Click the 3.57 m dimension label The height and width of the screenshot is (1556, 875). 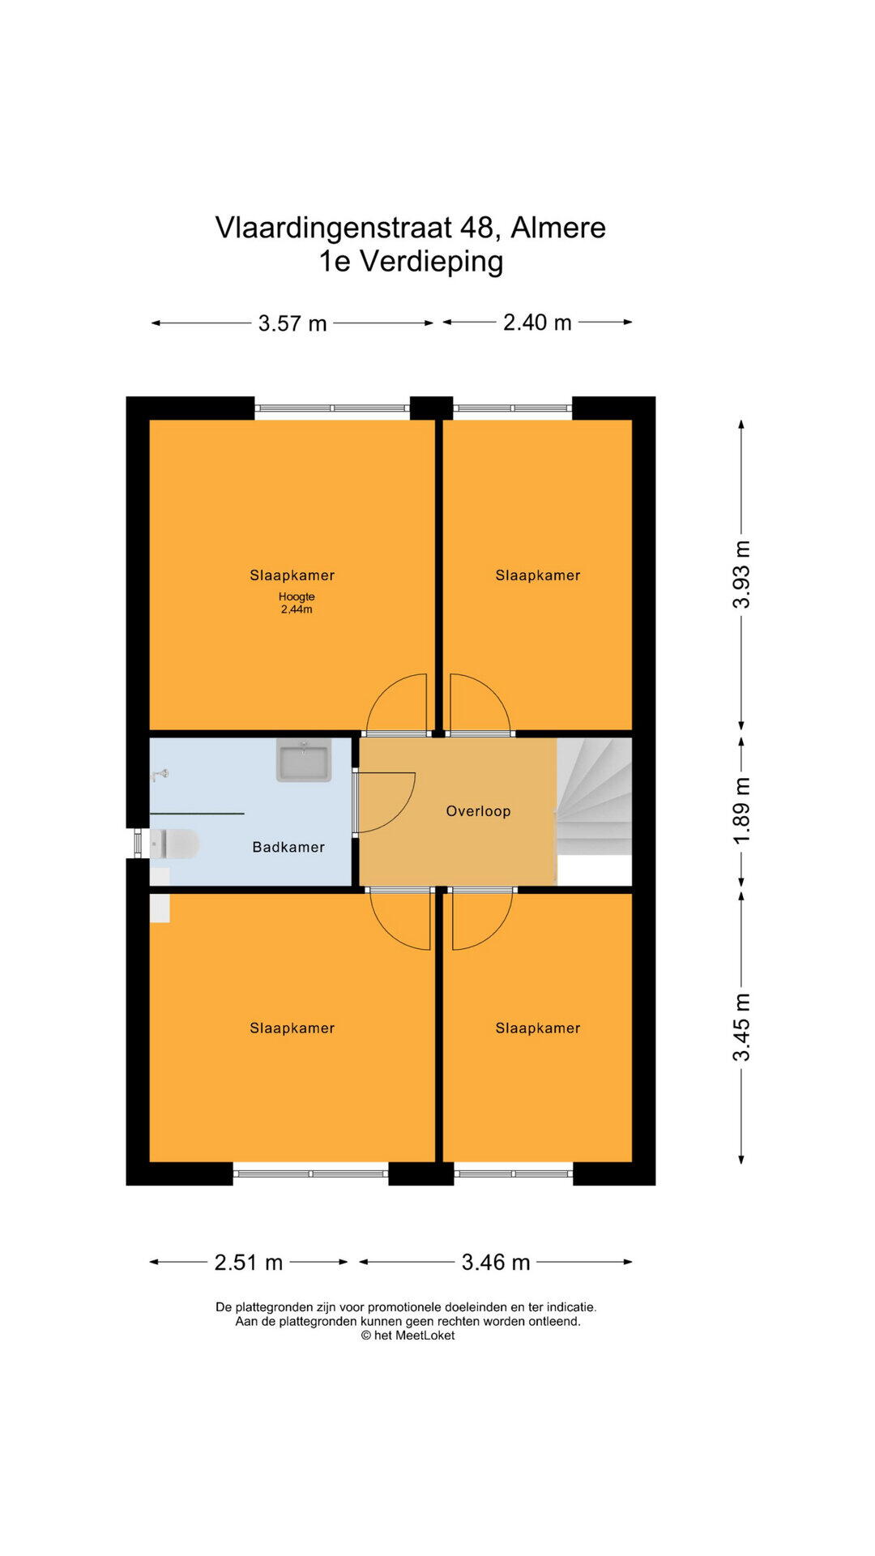(292, 323)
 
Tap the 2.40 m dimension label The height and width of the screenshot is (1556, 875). (537, 323)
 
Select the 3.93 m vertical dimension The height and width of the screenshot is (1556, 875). (741, 574)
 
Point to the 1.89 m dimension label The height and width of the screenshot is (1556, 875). (741, 810)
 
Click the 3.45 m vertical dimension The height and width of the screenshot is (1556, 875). (741, 1028)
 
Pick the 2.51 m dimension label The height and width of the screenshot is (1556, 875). (249, 1262)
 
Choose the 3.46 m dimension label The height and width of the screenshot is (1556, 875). (496, 1262)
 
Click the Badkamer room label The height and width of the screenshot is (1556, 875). (288, 847)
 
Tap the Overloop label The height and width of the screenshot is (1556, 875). (478, 811)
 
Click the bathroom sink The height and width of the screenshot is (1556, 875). (304, 759)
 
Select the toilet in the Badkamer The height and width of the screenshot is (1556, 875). (174, 844)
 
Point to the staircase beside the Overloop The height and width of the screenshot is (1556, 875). (594, 796)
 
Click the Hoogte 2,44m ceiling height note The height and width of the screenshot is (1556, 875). (297, 603)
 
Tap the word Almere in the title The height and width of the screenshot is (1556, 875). (558, 228)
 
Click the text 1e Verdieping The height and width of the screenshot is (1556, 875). (411, 261)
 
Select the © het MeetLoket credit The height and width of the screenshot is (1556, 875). (408, 1336)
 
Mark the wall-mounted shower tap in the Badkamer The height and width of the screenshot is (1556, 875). (160, 775)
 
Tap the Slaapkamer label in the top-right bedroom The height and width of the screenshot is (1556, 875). (538, 575)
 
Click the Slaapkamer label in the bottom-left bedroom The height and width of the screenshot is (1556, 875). (292, 1028)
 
